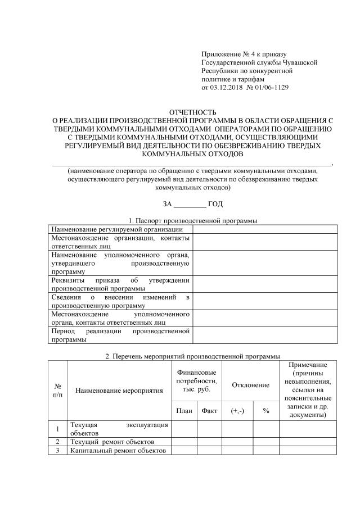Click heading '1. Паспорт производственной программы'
point(193,220)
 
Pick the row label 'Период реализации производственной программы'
point(120,335)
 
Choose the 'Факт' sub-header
point(209,411)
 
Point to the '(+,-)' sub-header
point(237,411)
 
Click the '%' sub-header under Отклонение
point(266,411)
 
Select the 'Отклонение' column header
point(251,385)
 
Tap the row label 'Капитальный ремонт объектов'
point(118,450)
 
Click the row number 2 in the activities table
point(57,442)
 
